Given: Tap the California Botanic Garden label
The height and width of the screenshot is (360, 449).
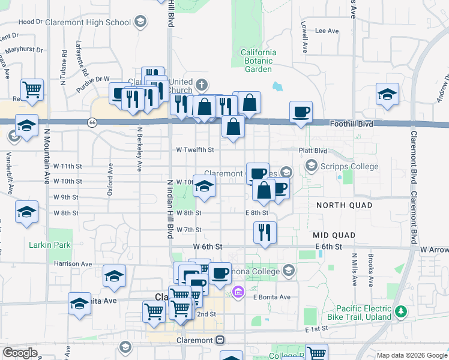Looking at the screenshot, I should [x=259, y=61].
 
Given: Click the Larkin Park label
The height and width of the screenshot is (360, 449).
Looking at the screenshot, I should [x=50, y=245].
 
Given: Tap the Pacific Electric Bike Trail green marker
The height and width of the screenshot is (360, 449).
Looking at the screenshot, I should [x=402, y=312].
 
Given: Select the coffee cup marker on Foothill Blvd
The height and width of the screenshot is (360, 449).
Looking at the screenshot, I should [x=300, y=111].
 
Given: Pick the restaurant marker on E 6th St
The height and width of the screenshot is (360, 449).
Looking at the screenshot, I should [x=265, y=231].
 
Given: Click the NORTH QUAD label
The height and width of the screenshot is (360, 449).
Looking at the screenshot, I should [x=343, y=205].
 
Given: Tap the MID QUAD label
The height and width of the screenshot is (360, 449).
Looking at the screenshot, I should [x=334, y=235].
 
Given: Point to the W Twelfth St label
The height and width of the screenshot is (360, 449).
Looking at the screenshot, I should [x=194, y=150].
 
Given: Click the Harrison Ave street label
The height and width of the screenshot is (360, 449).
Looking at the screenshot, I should [x=73, y=263].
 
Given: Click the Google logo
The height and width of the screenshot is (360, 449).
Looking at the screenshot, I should [x=20, y=353].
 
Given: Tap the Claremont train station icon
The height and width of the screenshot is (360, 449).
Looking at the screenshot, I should [x=220, y=340].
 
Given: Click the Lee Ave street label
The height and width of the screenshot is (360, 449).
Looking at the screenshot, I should [x=327, y=31].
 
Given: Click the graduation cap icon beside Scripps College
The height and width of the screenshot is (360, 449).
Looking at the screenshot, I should [x=311, y=164].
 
